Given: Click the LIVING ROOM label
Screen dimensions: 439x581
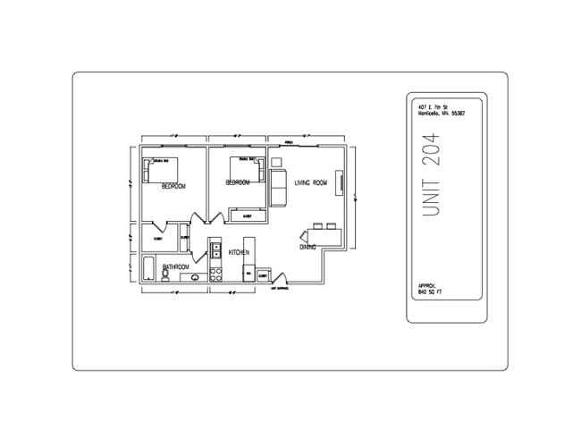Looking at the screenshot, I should click(x=311, y=183).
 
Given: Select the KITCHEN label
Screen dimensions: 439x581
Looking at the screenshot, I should click(x=239, y=253).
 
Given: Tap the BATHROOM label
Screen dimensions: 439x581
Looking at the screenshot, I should click(x=175, y=267).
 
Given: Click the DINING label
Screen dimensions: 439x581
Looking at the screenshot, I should click(x=307, y=246).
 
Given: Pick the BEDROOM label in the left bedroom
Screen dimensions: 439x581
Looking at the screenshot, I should click(x=173, y=187).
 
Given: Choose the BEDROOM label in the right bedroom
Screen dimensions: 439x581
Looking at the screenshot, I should click(x=237, y=182).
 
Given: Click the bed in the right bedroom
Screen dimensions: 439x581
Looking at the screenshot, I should click(x=246, y=167).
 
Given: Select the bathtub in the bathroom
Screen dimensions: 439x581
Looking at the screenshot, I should click(x=147, y=269).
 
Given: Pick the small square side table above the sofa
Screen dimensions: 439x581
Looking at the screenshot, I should click(x=276, y=163).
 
